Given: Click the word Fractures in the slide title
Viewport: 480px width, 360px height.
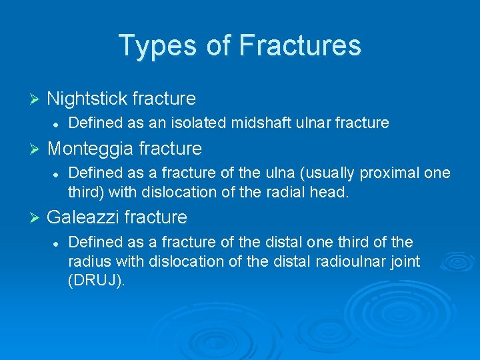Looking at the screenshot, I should [x=299, y=46].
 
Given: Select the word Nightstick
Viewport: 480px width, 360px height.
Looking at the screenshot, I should [x=87, y=99].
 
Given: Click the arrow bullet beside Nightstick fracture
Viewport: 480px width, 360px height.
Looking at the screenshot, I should [x=36, y=99].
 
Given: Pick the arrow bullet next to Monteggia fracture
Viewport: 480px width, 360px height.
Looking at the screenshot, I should [x=36, y=148].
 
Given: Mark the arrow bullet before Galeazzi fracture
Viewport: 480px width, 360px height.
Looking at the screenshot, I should [x=36, y=217].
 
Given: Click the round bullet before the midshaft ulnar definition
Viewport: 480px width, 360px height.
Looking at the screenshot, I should [x=58, y=123].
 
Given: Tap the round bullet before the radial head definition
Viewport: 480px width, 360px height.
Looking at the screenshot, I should [x=58, y=173].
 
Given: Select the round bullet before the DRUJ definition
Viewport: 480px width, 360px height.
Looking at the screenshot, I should [x=58, y=243].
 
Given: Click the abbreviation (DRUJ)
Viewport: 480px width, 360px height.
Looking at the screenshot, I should [x=97, y=281].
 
